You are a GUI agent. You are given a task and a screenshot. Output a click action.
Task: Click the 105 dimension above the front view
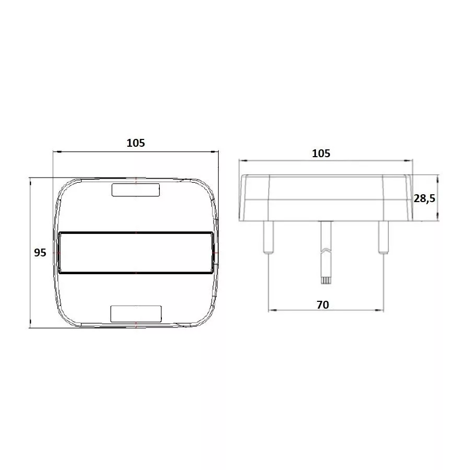point(135,143)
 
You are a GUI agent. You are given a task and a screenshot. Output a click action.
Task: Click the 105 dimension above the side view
point(321,154)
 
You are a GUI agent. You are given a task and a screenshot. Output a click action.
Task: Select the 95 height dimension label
point(40,253)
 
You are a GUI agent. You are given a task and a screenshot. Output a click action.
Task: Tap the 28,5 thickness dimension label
point(425,198)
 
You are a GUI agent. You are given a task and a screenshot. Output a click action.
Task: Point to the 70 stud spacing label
point(323,305)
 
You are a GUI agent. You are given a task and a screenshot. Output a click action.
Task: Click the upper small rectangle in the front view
point(136,190)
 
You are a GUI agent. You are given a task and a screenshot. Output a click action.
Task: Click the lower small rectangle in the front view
point(136,314)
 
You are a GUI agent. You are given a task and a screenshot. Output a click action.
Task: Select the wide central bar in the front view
point(136,253)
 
